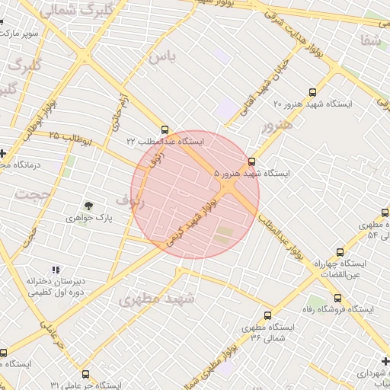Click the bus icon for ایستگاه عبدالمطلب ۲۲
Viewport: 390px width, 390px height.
pos(165,129)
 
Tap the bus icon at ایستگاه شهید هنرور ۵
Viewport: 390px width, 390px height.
pos(252,161)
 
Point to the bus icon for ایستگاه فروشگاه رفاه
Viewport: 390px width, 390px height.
pos(337,298)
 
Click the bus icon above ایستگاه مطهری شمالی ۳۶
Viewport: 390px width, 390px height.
pos(267,315)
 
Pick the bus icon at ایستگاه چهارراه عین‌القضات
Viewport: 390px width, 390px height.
pos(339,252)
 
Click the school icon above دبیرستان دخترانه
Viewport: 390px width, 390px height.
pos(55,270)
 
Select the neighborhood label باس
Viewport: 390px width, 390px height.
pos(162,58)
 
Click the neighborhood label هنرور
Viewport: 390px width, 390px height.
pos(276,124)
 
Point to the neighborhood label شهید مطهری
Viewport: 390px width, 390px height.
pos(157,299)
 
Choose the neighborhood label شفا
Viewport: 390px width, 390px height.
pos(372,40)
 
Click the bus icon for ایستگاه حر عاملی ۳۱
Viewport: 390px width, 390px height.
pos(85,374)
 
